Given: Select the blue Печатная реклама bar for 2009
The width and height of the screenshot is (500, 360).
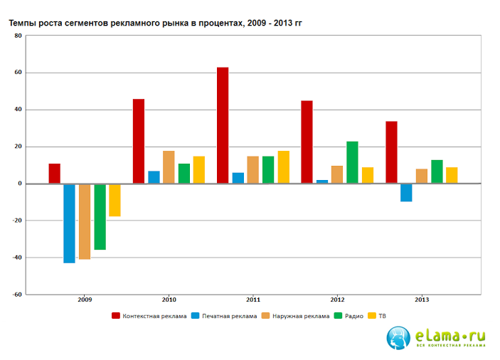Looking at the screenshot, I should point(69,223).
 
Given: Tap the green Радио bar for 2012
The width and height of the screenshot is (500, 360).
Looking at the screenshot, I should point(352,162).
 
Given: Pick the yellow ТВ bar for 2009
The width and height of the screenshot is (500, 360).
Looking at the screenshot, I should point(115,200).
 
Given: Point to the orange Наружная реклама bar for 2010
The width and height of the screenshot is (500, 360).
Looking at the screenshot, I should point(169,167).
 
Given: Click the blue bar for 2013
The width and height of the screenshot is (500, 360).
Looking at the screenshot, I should point(406,192).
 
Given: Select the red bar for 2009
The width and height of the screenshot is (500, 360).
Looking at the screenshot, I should point(54,174).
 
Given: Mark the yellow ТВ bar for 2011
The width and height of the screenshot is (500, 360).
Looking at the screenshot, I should point(284,167).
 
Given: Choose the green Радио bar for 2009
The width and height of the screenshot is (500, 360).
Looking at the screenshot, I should point(100,217).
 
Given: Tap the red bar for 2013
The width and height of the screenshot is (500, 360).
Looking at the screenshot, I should point(391,152).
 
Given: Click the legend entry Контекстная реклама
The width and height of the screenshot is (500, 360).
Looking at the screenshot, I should point(149,316).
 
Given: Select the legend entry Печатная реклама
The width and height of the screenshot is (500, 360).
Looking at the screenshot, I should point(225,316).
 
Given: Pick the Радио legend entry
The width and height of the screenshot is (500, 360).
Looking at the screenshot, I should point(349,316).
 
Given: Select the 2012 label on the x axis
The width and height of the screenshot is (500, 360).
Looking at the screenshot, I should point(338,300).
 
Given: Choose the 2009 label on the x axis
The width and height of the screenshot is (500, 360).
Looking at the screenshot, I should point(85,300).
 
